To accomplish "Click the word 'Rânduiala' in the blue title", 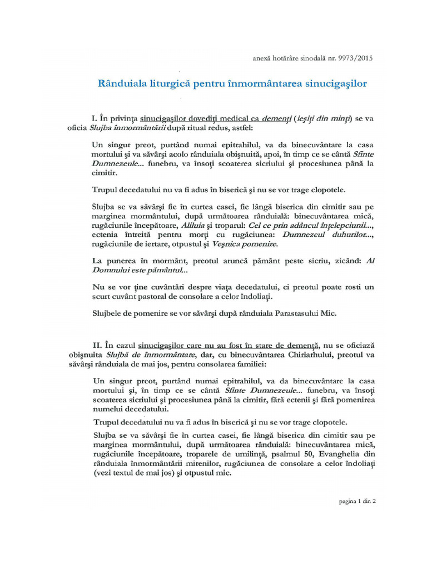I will coord(122,84).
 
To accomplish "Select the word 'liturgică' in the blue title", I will coord(175,84).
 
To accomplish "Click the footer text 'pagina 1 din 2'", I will coord(357,501).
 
